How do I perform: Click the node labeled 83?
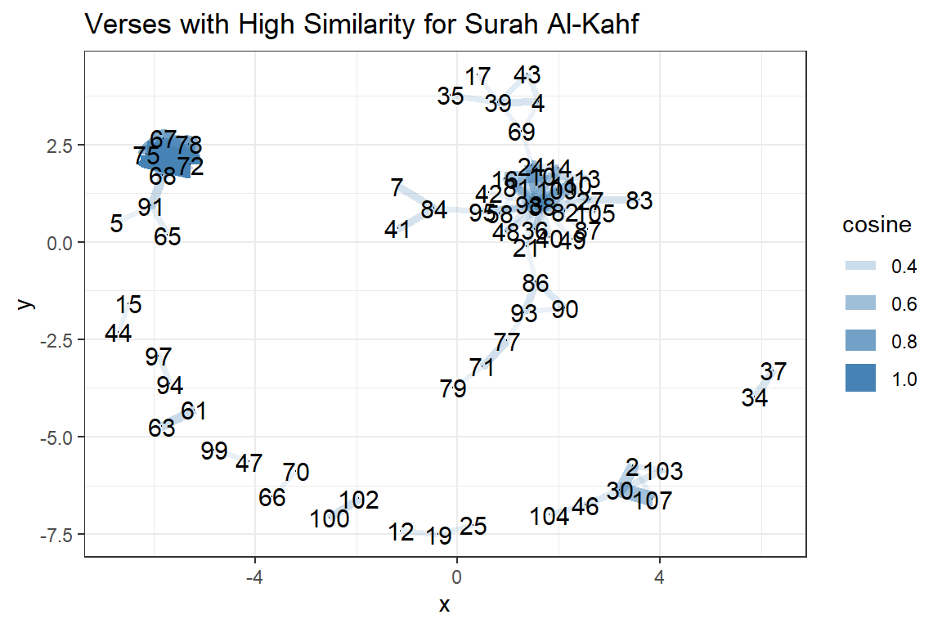point(639,200)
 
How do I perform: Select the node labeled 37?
point(773,372)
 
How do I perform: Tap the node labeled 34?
point(755,399)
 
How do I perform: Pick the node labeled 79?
point(453,388)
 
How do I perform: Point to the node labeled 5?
point(116,223)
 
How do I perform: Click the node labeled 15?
point(128,305)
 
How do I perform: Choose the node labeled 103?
point(662,472)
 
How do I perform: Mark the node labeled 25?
point(473,527)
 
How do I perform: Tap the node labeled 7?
point(397,188)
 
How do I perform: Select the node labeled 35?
point(450,96)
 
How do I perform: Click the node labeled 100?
point(330,518)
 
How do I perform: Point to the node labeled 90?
point(564,310)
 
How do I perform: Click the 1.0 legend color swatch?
point(860,379)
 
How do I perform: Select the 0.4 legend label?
point(905,267)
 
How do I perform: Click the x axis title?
point(445,605)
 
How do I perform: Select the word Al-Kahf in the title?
point(592,26)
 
